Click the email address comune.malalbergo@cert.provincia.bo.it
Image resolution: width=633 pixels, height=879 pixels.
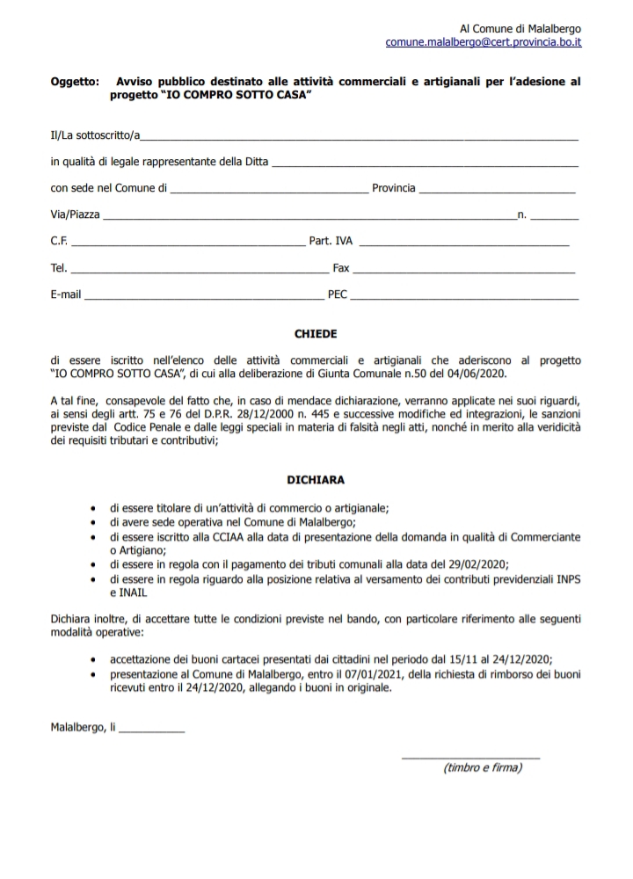click(483, 42)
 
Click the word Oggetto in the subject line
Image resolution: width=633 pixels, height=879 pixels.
click(75, 82)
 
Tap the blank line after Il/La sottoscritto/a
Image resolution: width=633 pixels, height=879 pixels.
click(360, 138)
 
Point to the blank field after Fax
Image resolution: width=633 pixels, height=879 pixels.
click(465, 269)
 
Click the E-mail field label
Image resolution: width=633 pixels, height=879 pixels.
click(66, 295)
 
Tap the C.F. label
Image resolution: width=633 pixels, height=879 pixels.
click(59, 242)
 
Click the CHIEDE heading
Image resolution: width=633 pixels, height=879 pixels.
click(316, 334)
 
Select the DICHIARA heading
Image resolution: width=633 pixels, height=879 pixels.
click(316, 481)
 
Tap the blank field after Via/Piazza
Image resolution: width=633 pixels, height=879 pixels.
click(308, 216)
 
